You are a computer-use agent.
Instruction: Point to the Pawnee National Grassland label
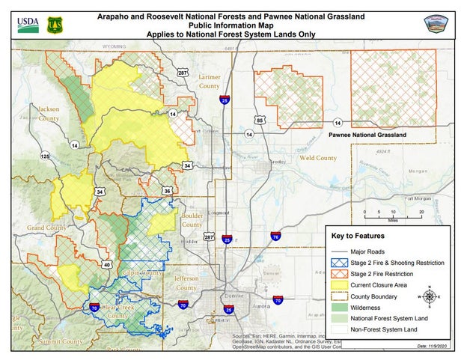coord(367,135)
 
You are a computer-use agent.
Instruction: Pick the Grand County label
coord(47,227)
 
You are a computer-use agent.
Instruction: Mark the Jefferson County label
coord(186,282)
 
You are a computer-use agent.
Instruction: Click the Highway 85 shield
coord(260,120)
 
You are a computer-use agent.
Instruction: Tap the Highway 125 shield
coord(45,156)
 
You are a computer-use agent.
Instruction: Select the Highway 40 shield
coord(107,264)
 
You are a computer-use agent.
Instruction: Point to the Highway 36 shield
coord(167,191)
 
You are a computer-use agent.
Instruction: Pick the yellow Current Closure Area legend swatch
coord(341,284)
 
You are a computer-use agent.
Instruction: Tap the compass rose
coord(430,296)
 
